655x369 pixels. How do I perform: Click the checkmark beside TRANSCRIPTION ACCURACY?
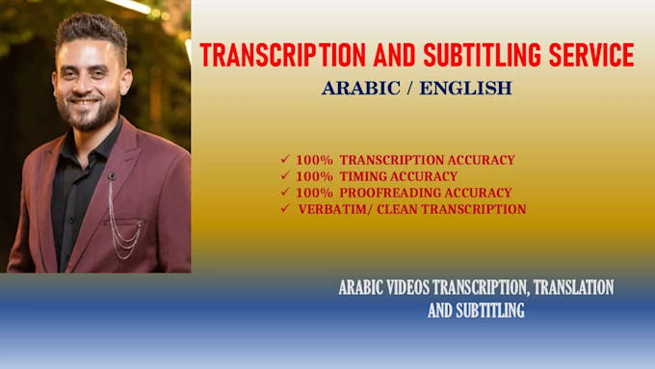point(284,159)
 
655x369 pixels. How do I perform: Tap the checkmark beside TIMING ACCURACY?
point(284,175)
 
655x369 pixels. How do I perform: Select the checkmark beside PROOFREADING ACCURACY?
point(284,192)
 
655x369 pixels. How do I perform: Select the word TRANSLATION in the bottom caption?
point(568,287)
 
